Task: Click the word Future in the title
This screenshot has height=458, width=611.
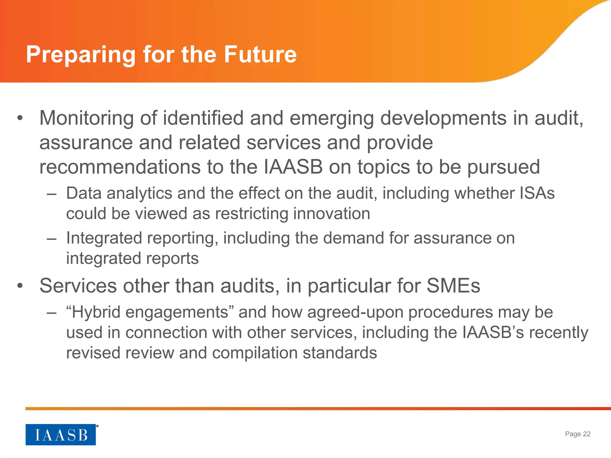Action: click(260, 55)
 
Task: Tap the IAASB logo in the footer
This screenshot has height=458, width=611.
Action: click(61, 434)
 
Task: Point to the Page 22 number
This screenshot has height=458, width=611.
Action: click(578, 434)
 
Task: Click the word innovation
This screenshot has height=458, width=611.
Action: click(331, 213)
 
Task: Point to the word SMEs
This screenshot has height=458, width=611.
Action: click(453, 286)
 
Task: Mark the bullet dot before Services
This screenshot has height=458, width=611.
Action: click(20, 286)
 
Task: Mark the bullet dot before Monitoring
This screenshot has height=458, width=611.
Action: click(20, 118)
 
